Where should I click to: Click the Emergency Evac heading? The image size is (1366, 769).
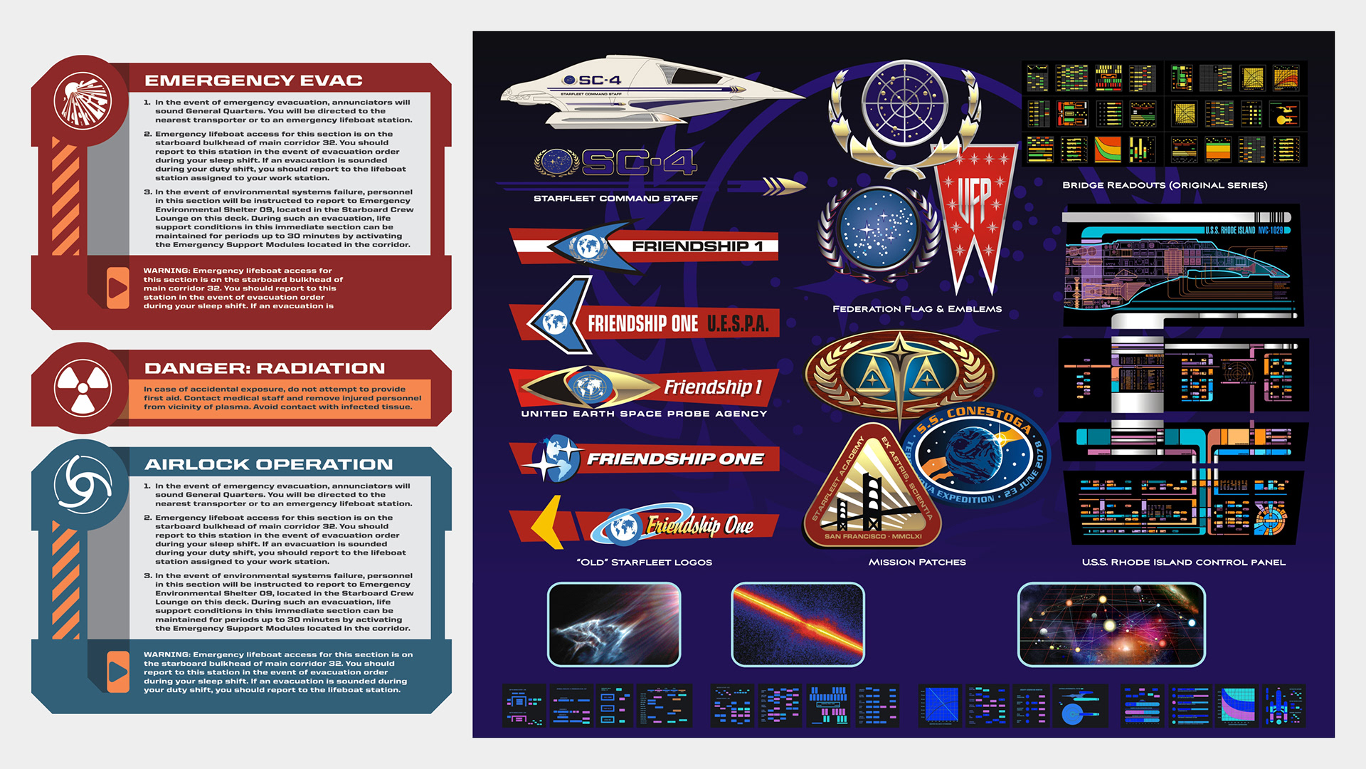click(253, 80)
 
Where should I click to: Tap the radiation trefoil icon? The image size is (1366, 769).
click(83, 388)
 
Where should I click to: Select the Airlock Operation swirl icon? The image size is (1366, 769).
click(83, 483)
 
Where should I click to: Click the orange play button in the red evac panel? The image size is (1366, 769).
click(117, 288)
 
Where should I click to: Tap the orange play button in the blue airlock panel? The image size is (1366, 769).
click(117, 671)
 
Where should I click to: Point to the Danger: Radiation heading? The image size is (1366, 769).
click(264, 368)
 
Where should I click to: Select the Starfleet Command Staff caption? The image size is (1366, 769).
click(615, 199)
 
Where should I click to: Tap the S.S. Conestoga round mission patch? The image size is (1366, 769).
click(975, 456)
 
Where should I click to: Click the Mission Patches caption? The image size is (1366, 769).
click(917, 563)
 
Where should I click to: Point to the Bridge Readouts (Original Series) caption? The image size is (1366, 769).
click(1165, 185)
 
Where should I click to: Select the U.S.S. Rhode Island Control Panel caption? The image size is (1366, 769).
click(1183, 563)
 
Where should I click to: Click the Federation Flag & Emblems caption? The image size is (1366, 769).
click(917, 309)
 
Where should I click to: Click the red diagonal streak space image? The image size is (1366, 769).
click(798, 624)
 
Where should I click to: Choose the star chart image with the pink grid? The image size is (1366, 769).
click(1111, 624)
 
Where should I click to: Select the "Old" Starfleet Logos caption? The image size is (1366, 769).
click(644, 563)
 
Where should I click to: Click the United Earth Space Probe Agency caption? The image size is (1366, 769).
click(644, 414)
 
